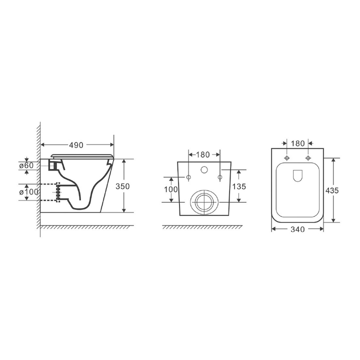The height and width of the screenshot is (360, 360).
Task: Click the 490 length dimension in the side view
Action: pos(76,144)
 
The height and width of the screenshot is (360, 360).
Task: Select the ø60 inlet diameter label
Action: pos(26,165)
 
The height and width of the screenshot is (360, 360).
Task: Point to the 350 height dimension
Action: pos(123,186)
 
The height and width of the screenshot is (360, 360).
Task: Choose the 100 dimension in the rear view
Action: pos(171,189)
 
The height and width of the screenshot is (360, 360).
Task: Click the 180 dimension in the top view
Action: pos(297,143)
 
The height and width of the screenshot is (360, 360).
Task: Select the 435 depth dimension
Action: pos(332,190)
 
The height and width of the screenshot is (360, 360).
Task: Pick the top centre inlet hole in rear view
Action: pos(203,170)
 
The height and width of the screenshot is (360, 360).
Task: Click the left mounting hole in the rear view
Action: pos(188,177)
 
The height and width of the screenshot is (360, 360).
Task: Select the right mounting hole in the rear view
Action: pos(219,177)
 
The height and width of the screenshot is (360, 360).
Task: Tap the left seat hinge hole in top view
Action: pos(286,158)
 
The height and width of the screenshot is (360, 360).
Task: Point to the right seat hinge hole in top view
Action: pos(308,158)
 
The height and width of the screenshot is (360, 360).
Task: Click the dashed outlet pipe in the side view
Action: pos(50,192)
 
